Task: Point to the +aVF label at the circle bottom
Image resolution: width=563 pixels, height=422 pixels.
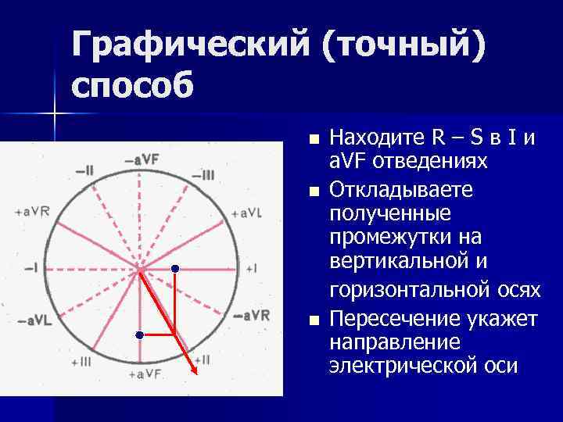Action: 142,375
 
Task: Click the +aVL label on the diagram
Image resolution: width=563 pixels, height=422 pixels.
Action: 247,213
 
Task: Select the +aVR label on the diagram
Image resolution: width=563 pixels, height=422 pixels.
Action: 32,212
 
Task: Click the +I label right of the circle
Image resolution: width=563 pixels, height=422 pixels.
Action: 251,268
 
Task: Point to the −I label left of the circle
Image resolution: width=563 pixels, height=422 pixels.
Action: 31,268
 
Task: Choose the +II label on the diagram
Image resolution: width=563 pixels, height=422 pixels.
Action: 200,360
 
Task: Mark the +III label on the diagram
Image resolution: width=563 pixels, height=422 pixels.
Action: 81,362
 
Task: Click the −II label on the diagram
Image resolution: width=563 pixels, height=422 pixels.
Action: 84,170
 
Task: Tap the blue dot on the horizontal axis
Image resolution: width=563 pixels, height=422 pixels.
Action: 175,269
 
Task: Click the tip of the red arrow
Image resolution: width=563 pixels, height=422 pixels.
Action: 195,374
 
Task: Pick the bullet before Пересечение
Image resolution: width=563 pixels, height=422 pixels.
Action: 314,320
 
